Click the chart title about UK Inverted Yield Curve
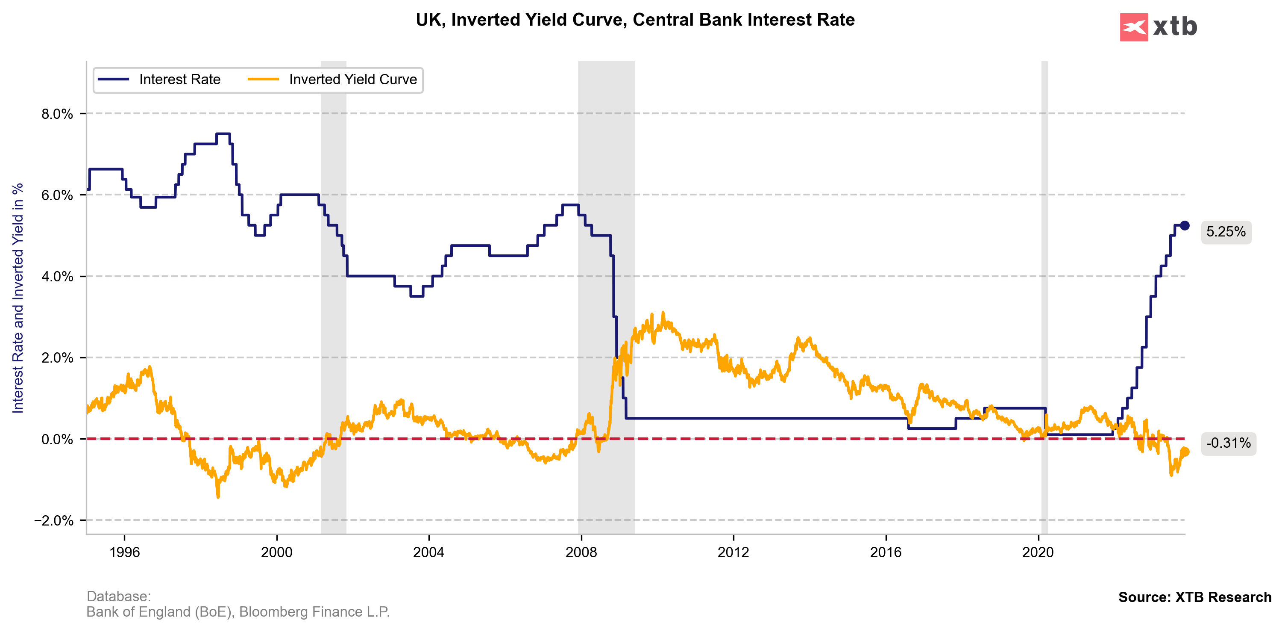tap(635, 20)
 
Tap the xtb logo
tap(1158, 27)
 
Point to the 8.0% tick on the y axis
tap(57, 114)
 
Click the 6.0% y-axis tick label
tap(57, 195)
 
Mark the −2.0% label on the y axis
tap(54, 521)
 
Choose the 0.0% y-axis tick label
tap(57, 439)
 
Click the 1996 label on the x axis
tap(124, 552)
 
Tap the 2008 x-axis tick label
tap(581, 552)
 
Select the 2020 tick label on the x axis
tap(1038, 552)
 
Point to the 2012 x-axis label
tap(733, 552)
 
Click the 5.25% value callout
tap(1226, 232)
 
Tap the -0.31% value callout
tap(1228, 443)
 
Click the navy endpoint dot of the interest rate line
tap(1185, 226)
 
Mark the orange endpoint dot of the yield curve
tap(1185, 452)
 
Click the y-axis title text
tap(18, 298)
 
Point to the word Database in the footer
tap(118, 596)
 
